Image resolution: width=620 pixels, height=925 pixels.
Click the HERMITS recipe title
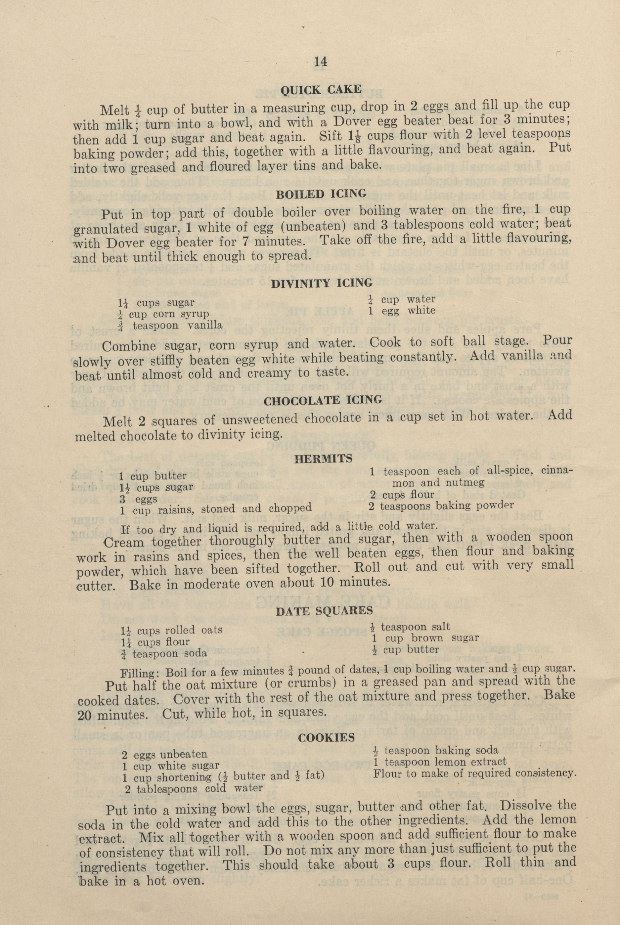coord(324,459)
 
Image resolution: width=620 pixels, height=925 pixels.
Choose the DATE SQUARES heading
coord(324,611)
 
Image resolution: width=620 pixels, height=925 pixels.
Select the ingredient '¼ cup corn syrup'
coord(164,314)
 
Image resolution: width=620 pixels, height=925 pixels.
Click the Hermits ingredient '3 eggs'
coord(138,499)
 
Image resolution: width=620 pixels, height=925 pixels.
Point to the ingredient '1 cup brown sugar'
coord(425,638)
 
